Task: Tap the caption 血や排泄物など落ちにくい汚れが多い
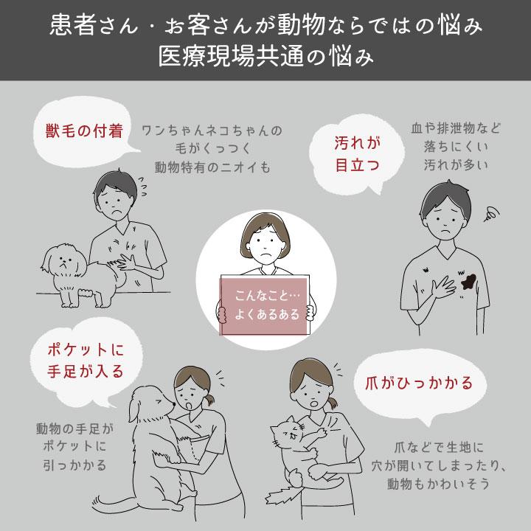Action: click(x=455, y=145)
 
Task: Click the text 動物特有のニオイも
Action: click(x=213, y=166)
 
